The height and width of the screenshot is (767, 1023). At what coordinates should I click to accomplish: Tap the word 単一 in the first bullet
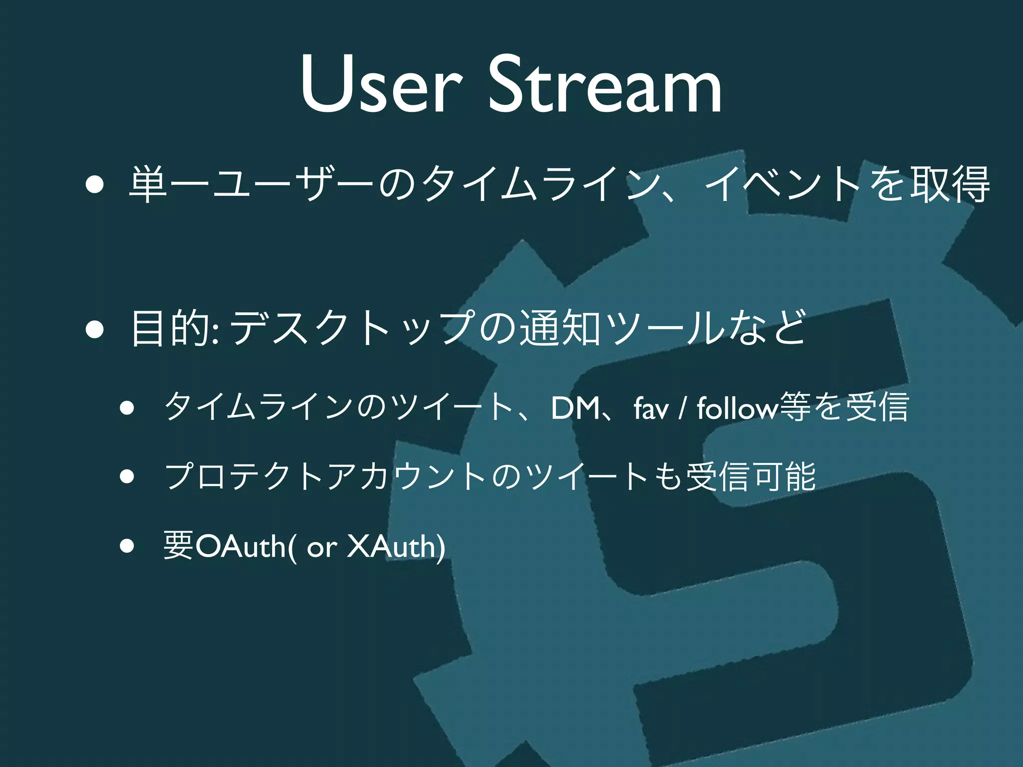170,184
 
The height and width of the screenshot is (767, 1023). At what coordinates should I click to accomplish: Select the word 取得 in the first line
949,184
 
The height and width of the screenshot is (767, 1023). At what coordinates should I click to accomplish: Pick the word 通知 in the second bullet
559,328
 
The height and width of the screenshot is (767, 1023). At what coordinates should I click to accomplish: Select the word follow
737,408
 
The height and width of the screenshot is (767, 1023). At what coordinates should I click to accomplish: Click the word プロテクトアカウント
325,476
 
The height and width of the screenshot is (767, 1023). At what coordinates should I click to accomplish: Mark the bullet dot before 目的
94,330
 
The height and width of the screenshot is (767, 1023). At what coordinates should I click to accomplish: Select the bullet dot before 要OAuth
127,546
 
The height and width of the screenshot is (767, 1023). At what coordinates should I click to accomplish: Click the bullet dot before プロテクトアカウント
127,476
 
